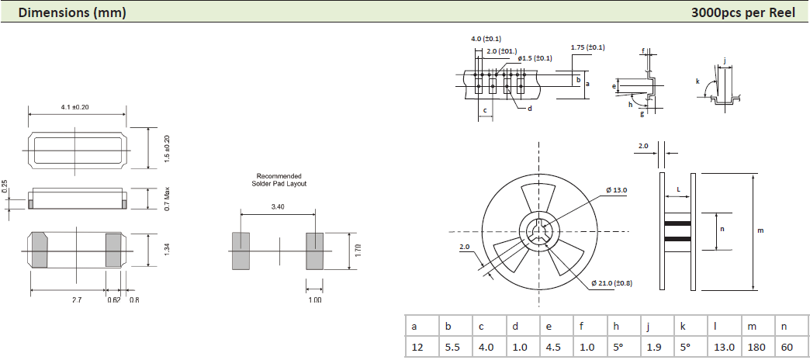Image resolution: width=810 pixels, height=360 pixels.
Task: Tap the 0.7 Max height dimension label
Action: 166,198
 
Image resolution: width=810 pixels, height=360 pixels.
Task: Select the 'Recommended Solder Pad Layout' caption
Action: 279,180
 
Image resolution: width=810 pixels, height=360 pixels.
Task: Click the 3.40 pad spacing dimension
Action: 278,207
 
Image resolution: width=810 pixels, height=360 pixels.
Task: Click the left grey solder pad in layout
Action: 241,251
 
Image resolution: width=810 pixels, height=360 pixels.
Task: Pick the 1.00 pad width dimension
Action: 314,299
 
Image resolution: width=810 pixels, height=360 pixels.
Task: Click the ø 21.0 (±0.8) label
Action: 611,283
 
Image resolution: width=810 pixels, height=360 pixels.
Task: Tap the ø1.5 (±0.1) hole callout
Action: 535,58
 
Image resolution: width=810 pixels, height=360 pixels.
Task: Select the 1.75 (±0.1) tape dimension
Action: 587,48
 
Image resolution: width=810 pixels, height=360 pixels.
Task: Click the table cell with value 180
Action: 756,347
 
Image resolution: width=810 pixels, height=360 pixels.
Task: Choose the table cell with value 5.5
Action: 452,347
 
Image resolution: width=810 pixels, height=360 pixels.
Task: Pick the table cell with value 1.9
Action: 655,347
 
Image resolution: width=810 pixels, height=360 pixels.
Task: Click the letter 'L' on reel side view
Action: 678,189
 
